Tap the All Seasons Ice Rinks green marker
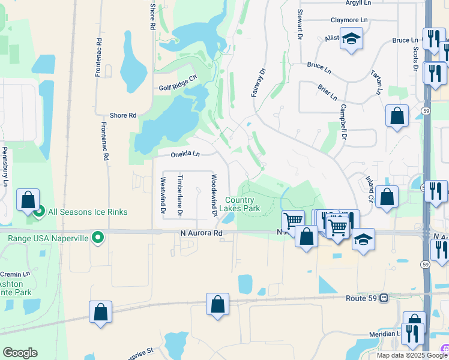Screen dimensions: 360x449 tap(40, 212)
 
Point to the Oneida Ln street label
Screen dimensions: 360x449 tap(185, 154)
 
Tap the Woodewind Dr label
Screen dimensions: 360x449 tap(213, 196)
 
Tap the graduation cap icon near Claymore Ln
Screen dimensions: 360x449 tap(351, 39)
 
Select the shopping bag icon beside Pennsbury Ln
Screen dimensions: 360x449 tap(28, 200)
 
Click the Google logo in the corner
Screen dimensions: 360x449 tap(20, 353)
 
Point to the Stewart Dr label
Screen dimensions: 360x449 tap(298, 25)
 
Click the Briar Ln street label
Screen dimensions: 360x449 tap(328, 92)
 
